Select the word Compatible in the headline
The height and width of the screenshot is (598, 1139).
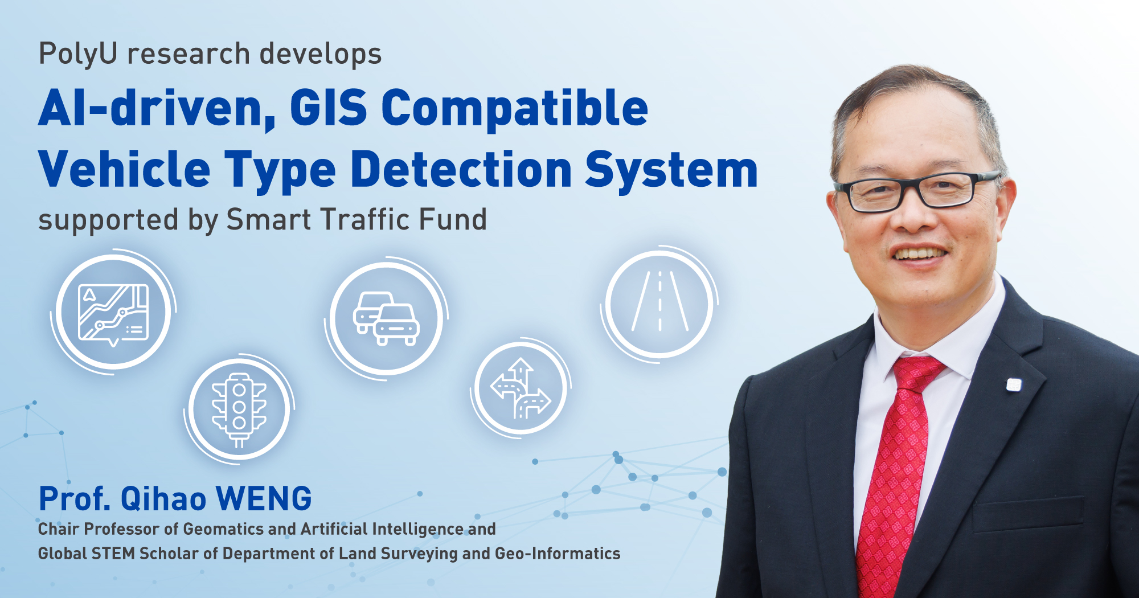click(515, 108)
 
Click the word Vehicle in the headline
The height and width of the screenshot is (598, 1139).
click(124, 169)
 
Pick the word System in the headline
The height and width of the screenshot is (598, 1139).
click(672, 171)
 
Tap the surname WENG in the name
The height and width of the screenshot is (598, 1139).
click(264, 499)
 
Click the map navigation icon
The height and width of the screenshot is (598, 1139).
click(113, 312)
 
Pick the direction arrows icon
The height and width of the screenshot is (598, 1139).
click(521, 388)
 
